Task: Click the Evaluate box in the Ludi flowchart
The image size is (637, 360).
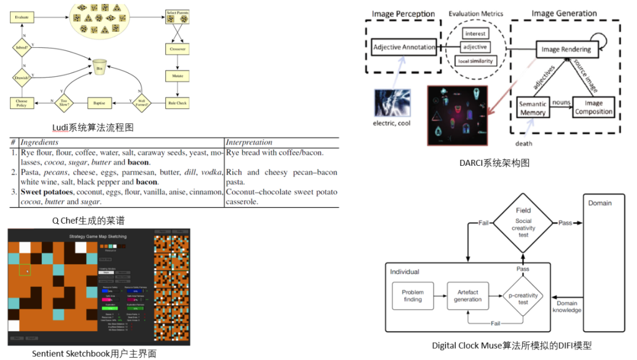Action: click(x=21, y=18)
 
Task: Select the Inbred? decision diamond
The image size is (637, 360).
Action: click(x=22, y=48)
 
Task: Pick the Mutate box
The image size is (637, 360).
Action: click(x=177, y=76)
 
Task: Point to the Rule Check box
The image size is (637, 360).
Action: click(x=177, y=103)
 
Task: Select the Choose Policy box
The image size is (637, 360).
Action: click(x=22, y=103)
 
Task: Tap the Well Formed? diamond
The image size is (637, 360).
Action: click(x=140, y=103)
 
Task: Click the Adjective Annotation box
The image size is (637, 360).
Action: click(x=404, y=47)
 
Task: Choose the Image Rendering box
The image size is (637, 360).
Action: click(x=566, y=50)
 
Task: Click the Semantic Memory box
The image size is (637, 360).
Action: click(x=533, y=108)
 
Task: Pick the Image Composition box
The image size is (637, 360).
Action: click(x=593, y=107)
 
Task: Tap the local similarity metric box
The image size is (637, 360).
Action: click(x=475, y=61)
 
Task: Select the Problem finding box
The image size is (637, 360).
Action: click(x=412, y=296)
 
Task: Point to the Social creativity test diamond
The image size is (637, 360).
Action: click(x=523, y=222)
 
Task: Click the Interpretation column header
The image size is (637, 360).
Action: click(x=249, y=142)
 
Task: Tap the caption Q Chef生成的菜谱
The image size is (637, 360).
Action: click(x=88, y=220)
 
